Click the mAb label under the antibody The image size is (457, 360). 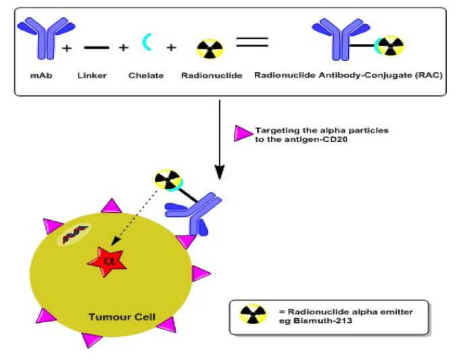coord(38,75)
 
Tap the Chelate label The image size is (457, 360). coord(146,75)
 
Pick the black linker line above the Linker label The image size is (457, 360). coord(95,48)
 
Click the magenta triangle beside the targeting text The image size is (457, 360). coord(241,134)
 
